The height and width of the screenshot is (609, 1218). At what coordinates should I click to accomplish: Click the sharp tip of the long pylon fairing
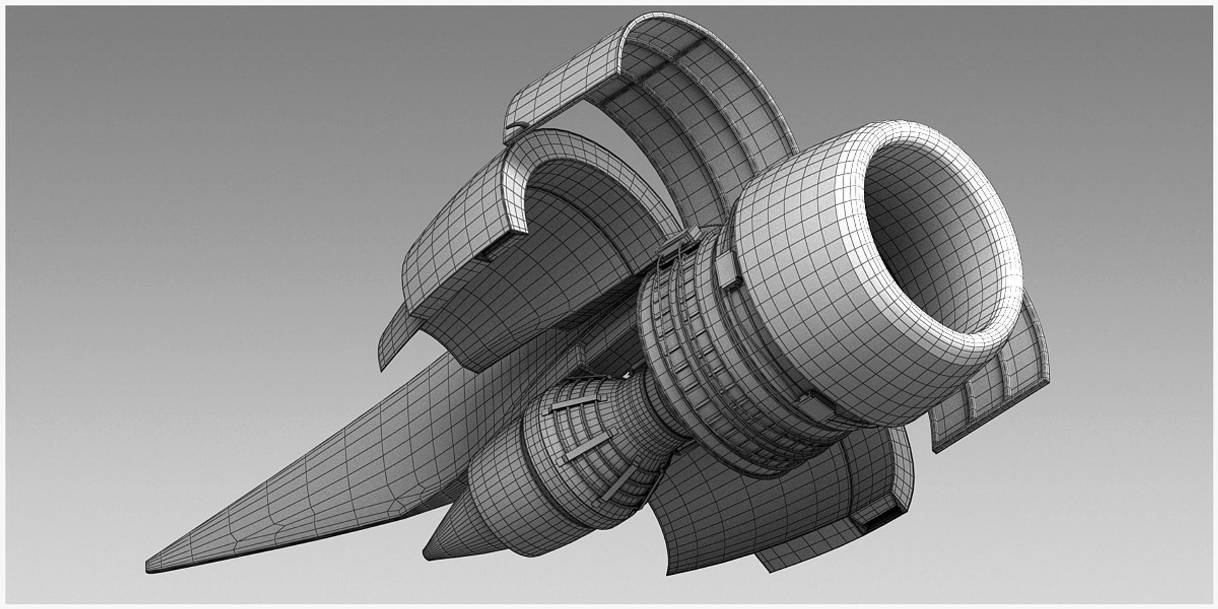click(x=150, y=566)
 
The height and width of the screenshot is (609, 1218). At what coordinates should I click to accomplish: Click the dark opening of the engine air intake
click(x=933, y=235)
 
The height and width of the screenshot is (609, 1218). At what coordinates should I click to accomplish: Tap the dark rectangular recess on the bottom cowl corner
click(x=878, y=521)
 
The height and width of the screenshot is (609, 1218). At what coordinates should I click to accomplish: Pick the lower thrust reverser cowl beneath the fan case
click(x=780, y=507)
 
